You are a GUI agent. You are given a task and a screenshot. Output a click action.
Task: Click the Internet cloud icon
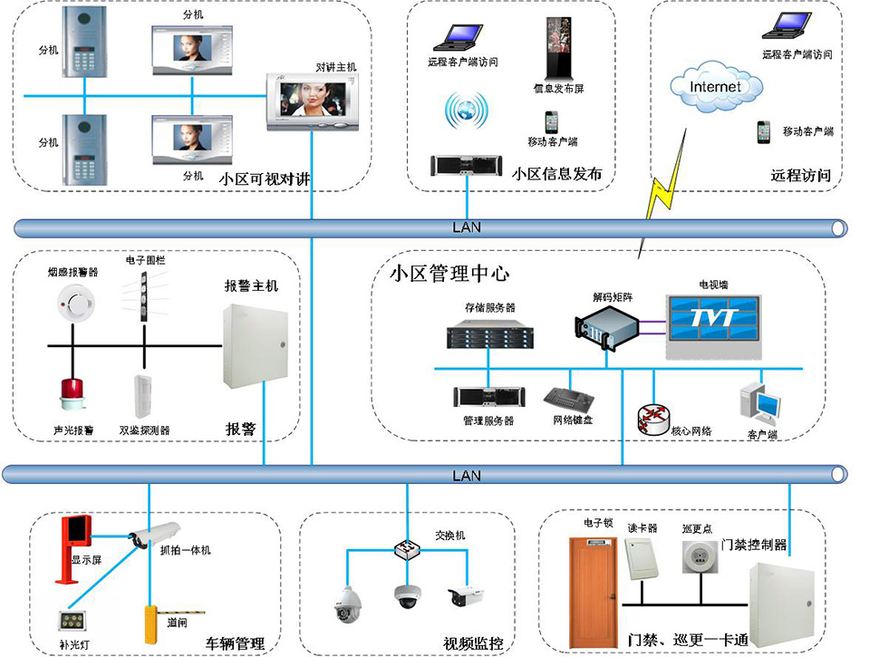(715, 88)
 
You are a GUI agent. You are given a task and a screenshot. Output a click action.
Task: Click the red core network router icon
(652, 416)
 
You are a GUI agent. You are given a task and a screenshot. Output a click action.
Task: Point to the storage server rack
(488, 336)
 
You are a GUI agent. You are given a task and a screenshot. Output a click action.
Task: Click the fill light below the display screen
(70, 622)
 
